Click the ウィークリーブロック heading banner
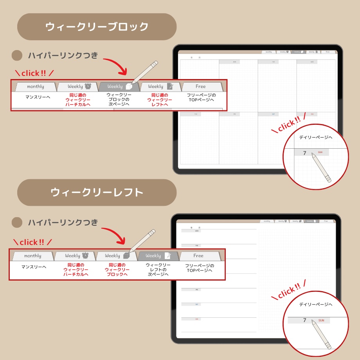(97, 27)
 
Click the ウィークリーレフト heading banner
(97, 193)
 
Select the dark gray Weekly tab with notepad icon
(158, 256)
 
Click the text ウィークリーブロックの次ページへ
(119, 99)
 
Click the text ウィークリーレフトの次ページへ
(158, 270)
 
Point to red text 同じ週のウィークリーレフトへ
(160, 99)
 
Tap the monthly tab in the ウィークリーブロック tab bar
(35, 86)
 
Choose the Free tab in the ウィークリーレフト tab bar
(199, 256)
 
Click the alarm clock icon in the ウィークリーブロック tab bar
(88, 86)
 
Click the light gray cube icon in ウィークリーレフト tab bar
(126, 256)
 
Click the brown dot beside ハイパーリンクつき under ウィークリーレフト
(17, 223)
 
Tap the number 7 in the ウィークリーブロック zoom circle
(305, 153)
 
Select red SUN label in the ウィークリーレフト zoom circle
(321, 320)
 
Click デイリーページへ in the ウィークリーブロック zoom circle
(315, 137)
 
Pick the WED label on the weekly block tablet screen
(312, 62)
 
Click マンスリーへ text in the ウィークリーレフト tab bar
(34, 267)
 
